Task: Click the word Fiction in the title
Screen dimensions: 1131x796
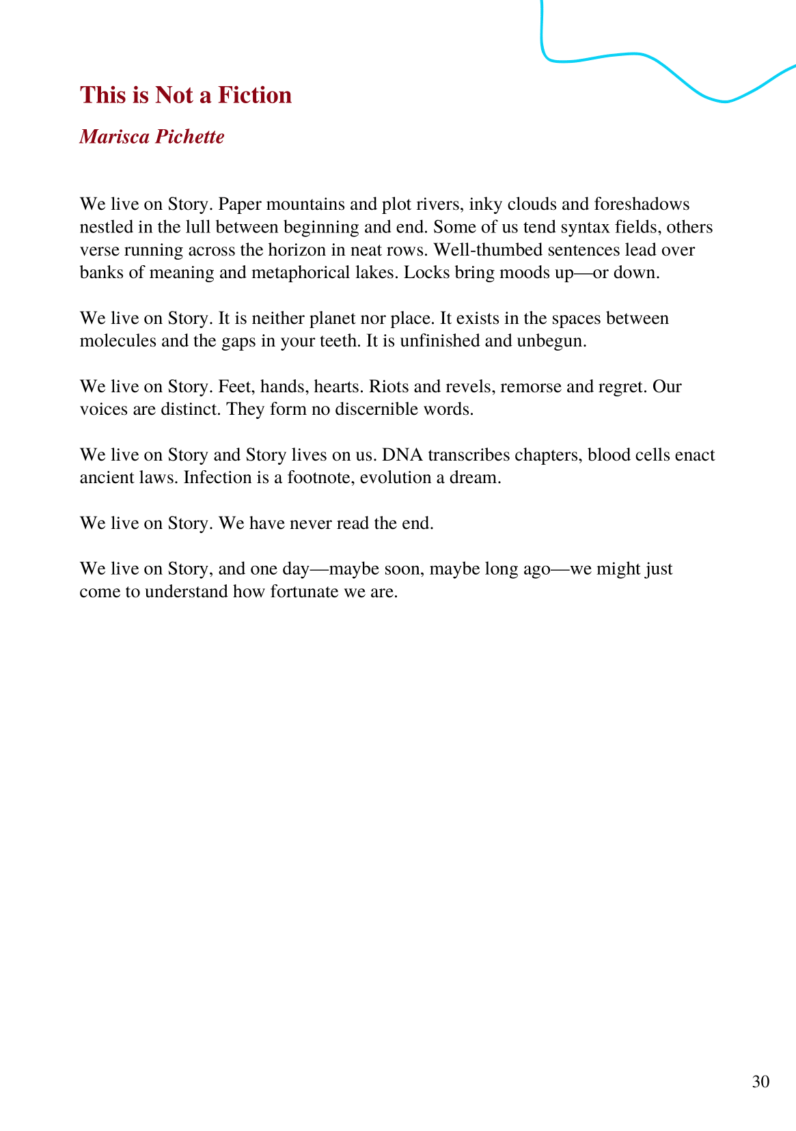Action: click(255, 95)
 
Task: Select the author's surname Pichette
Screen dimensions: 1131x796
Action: click(189, 137)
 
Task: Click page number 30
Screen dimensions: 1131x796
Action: click(760, 1082)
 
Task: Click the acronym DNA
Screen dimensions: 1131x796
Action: click(402, 454)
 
